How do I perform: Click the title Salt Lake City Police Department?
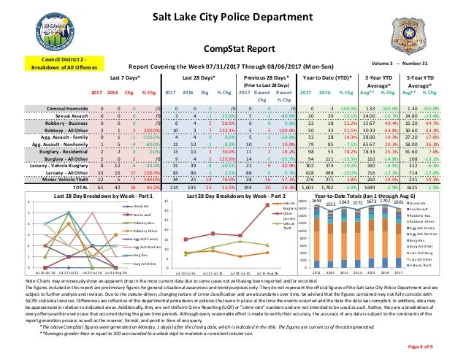[x=232, y=17]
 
